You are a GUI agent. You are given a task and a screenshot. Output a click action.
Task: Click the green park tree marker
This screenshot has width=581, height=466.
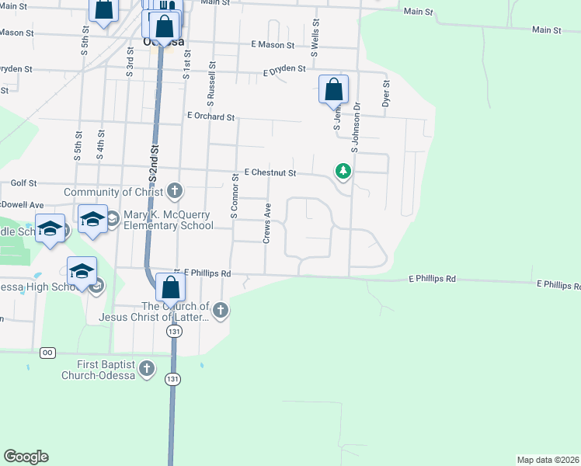click(343, 170)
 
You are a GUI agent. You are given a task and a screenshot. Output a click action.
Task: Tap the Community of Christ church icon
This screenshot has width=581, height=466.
click(176, 191)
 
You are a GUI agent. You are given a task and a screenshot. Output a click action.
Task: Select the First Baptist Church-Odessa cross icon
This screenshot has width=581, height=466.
click(148, 369)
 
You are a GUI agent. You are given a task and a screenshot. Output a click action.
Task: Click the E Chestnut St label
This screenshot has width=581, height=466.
click(270, 172)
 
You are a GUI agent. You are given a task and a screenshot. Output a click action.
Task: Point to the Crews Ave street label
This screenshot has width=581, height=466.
click(266, 224)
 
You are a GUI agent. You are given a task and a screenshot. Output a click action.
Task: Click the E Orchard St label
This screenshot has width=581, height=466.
click(210, 116)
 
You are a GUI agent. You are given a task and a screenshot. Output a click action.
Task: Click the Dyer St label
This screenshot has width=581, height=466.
click(385, 93)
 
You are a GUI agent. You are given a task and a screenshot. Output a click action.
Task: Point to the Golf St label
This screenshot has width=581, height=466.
click(24, 183)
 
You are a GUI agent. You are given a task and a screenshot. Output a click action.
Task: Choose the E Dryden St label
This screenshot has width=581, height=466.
click(284, 69)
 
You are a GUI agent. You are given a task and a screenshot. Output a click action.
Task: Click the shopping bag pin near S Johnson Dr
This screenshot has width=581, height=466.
click(333, 89)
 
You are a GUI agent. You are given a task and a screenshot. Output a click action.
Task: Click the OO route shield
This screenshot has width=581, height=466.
click(48, 353)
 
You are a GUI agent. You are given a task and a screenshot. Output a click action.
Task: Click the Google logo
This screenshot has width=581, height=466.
click(26, 457)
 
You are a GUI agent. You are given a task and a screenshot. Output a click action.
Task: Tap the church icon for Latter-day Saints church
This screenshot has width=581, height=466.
click(221, 311)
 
